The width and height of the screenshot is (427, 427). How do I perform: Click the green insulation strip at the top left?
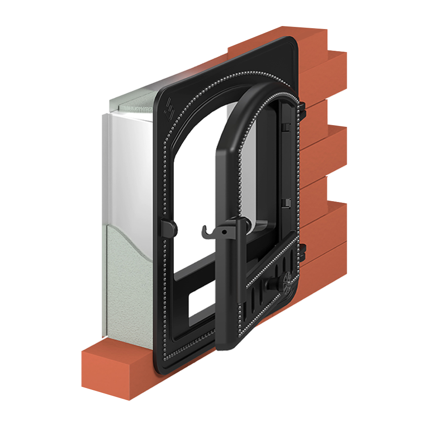(128, 105)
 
